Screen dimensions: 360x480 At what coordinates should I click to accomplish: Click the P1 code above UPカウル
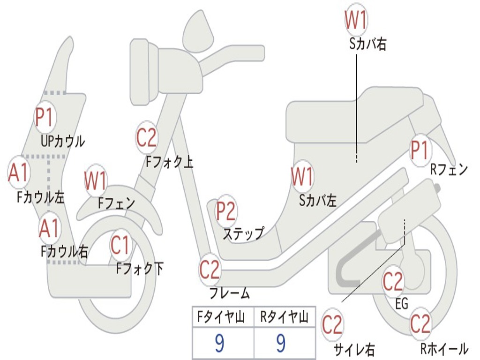click(45, 118)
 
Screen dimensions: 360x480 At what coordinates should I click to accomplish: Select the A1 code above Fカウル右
click(49, 228)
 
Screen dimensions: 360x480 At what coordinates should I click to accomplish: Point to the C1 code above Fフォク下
click(120, 245)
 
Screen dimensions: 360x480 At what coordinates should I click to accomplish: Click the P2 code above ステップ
click(226, 211)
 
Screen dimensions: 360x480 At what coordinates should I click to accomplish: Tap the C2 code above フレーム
click(210, 269)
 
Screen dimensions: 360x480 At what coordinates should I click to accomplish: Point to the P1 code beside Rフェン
click(420, 150)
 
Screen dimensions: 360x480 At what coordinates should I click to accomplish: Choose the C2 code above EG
click(393, 281)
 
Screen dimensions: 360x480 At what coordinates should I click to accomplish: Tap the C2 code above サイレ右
click(332, 325)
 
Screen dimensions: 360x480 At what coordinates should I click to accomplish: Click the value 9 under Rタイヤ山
click(280, 343)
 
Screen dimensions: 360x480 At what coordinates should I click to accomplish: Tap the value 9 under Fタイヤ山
click(219, 343)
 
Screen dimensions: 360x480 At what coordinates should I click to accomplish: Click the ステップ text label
click(243, 233)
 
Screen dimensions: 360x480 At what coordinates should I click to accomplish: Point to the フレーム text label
click(230, 293)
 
